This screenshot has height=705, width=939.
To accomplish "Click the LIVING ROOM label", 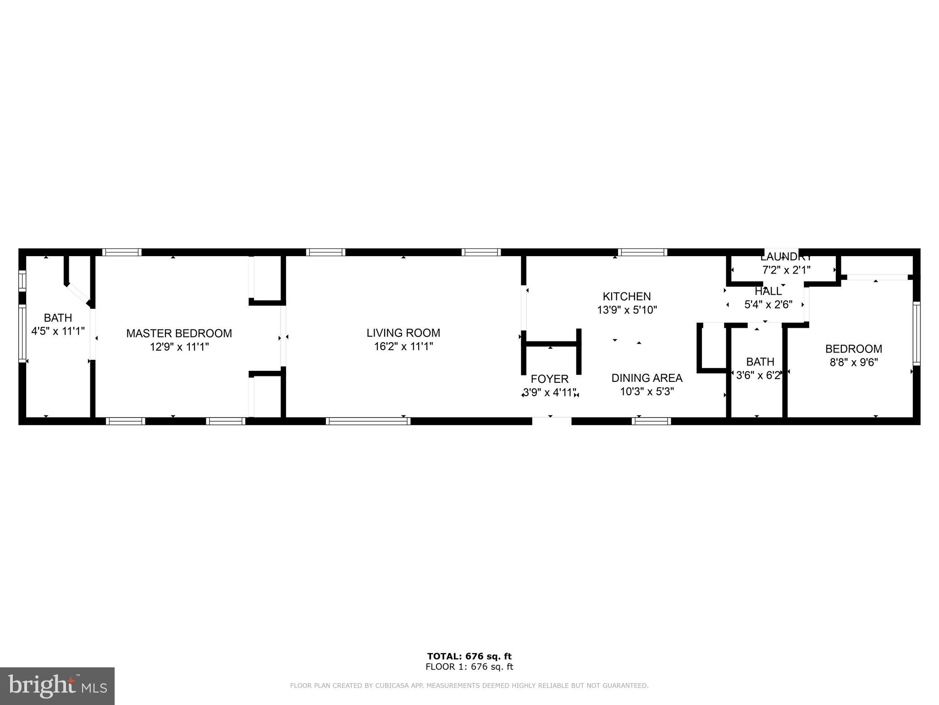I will (403, 333).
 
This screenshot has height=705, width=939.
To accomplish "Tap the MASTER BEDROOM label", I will (179, 333).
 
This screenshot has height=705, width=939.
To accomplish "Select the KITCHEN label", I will (626, 297).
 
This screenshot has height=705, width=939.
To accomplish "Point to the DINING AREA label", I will (646, 378).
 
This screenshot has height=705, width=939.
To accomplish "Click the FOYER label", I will (549, 379).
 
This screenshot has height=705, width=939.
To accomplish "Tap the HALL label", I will (768, 291).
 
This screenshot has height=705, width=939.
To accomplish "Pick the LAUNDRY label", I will (786, 257).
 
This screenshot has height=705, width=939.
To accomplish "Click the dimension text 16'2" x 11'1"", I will (403, 347).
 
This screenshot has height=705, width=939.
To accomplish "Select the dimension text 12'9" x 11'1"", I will (179, 347).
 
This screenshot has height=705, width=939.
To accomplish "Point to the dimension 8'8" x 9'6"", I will (853, 363).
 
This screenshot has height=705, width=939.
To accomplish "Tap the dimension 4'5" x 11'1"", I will (58, 331).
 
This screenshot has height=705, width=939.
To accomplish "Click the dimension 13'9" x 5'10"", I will (626, 310).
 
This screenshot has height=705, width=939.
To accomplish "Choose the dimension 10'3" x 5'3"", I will (646, 392).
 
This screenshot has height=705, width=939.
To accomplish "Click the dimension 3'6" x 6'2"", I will (758, 375).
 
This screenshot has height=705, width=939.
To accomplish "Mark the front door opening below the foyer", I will (552, 420).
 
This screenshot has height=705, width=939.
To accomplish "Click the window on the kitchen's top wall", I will (642, 252).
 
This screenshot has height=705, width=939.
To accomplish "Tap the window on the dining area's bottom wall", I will (651, 421).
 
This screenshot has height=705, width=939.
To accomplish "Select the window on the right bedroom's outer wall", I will (916, 333).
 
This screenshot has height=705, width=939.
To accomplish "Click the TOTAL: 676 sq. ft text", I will (469, 656).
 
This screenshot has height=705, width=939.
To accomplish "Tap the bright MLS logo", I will (57, 686).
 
